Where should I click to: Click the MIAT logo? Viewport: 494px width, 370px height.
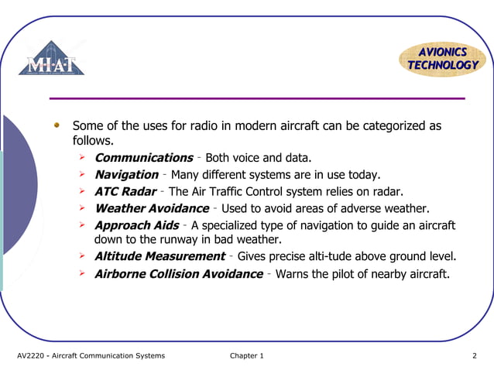(x=52, y=59)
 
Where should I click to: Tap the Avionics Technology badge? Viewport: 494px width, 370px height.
(x=443, y=59)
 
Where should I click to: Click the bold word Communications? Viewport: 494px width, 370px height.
(x=143, y=158)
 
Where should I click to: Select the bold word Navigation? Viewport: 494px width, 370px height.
(x=126, y=175)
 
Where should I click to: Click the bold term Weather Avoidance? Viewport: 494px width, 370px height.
(x=151, y=208)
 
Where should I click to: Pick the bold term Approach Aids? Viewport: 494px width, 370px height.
(x=136, y=225)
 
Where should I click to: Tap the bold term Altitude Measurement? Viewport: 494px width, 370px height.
(x=160, y=256)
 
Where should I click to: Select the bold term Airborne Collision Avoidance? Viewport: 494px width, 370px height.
(x=178, y=273)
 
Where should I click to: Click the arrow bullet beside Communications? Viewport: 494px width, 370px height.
(x=82, y=158)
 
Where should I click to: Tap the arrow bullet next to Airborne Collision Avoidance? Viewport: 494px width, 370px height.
(x=82, y=273)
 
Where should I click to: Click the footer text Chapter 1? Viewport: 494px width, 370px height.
(x=247, y=356)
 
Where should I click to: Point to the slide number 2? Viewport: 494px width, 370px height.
(x=474, y=356)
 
